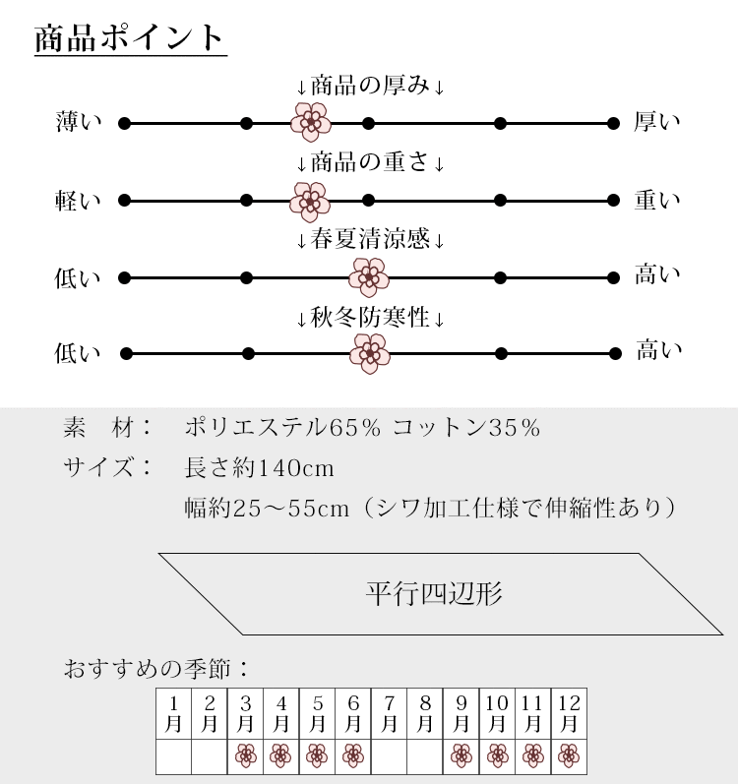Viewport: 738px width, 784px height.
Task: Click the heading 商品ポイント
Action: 130,39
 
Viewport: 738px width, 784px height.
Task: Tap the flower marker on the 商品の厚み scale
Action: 311,123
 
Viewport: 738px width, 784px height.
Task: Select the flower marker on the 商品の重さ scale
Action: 310,201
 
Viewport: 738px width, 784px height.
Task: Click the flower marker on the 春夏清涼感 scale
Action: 370,277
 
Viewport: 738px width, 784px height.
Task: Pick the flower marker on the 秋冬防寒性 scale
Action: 370,353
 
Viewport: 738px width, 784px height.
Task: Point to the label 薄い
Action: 79,123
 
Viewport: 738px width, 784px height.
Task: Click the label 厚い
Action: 657,123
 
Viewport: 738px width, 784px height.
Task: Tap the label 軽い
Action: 79,201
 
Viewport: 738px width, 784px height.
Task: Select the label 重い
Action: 657,201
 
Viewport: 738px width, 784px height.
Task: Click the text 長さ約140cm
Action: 260,468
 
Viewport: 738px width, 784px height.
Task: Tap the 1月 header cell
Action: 174,713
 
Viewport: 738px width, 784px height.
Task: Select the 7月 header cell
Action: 390,713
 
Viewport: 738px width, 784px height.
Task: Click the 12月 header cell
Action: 569,713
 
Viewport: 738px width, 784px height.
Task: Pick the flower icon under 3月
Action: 246,755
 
